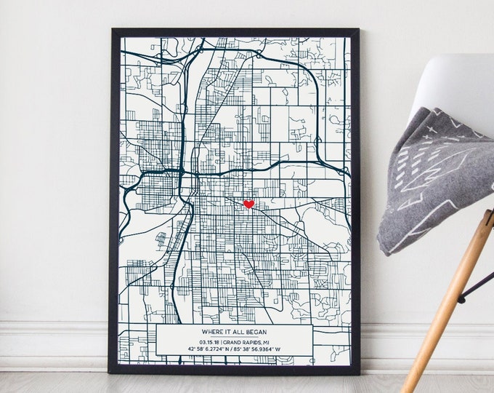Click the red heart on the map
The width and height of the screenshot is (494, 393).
pos(248,205)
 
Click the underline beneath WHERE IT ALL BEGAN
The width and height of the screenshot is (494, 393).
pos(234,336)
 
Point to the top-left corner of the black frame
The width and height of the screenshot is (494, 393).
pos(113,31)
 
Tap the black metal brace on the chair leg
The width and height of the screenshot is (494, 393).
pos(477,285)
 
